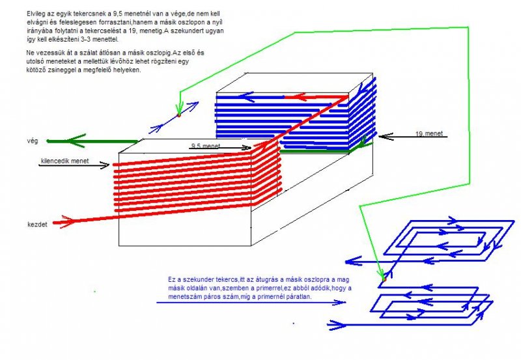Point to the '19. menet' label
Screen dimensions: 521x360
pyautogui.click(x=429, y=133)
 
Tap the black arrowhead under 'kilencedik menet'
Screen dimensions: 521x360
pyautogui.click(x=105, y=166)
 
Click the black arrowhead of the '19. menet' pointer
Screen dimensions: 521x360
pyautogui.click(x=382, y=137)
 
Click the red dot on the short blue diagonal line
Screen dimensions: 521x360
pyautogui.click(x=178, y=115)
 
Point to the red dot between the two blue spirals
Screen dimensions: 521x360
pyautogui.click(x=384, y=278)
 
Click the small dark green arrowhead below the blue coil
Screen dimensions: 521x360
pyautogui.click(x=356, y=148)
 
